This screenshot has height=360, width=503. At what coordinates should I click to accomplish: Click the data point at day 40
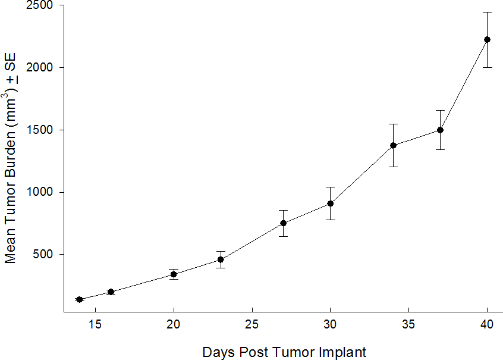(x=488, y=39)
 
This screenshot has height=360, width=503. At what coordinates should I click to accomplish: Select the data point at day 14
(x=79, y=299)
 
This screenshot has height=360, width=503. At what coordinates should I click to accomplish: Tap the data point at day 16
(x=111, y=292)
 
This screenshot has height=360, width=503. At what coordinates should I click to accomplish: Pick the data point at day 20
(x=174, y=274)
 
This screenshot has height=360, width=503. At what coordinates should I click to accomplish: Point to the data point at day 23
(x=221, y=259)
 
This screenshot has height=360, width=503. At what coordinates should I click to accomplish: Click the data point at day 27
(x=284, y=223)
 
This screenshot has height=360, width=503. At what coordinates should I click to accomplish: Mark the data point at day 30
(x=331, y=204)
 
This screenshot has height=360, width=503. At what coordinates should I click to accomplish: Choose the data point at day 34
(x=394, y=145)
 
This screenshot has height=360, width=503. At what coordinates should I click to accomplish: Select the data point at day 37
(x=441, y=130)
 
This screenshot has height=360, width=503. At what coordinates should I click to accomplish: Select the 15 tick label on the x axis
(x=95, y=325)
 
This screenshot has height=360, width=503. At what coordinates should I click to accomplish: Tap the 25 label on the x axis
(x=252, y=325)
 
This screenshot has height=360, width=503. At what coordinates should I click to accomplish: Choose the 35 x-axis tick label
(x=409, y=325)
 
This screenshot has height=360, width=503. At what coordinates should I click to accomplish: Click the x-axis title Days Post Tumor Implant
(x=284, y=352)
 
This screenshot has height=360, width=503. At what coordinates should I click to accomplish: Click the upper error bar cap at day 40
(x=488, y=12)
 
